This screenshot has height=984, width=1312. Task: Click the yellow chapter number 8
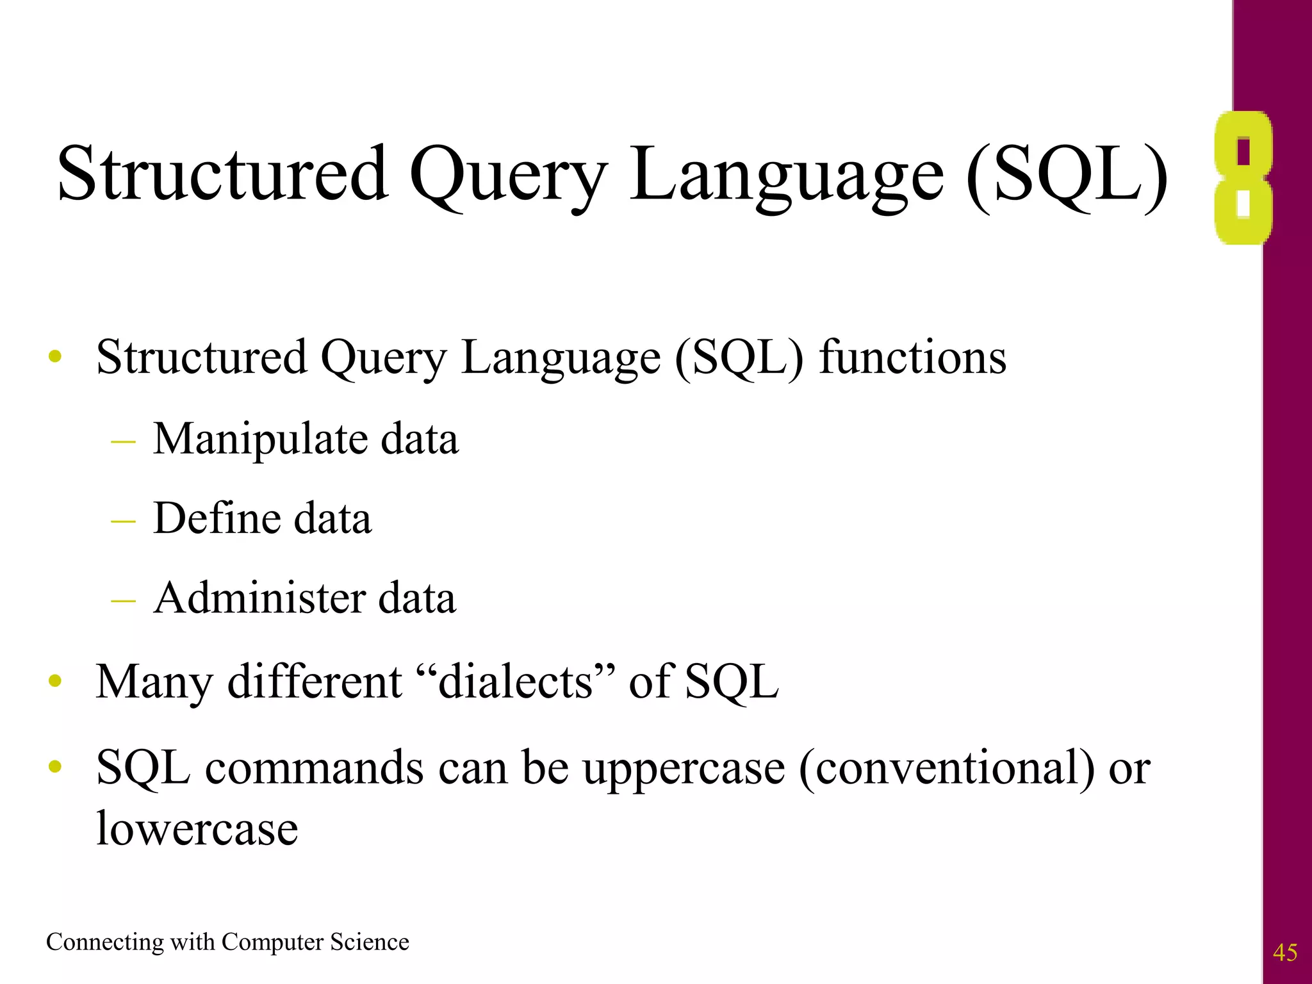click(x=1243, y=178)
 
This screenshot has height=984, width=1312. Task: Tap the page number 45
click(x=1284, y=953)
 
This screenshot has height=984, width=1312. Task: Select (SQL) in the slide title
click(x=1067, y=174)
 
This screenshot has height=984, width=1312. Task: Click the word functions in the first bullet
click(x=913, y=357)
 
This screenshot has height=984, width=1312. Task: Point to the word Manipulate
click(x=260, y=439)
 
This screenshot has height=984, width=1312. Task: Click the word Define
click(x=217, y=518)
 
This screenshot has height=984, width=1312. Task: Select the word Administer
click(x=259, y=598)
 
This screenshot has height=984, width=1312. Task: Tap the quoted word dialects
click(x=515, y=681)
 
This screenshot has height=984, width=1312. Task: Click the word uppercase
click(x=684, y=768)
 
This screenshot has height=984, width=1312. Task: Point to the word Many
click(x=154, y=682)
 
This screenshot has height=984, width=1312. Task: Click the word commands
click(x=314, y=767)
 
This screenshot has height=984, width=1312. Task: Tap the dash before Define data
click(x=123, y=520)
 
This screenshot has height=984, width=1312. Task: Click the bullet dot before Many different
click(x=56, y=681)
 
